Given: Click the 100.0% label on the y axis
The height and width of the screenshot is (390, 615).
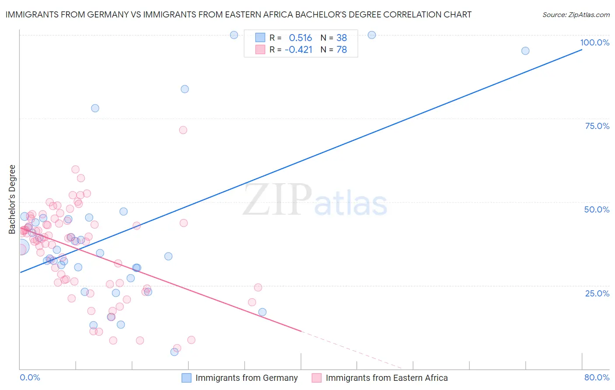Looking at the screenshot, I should [594, 42].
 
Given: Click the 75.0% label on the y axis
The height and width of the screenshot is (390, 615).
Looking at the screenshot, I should [597, 126].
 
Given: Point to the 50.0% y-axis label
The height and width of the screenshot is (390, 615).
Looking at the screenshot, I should [597, 209].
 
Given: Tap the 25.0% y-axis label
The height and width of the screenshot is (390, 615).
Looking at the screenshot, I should [597, 293].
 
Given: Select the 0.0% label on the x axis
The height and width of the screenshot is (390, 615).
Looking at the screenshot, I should [30, 377].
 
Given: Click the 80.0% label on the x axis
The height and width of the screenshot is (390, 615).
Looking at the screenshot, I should [597, 377].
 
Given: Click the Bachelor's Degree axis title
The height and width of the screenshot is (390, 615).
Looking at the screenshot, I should [12, 199].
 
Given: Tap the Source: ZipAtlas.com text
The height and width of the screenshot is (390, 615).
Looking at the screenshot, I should [576, 14].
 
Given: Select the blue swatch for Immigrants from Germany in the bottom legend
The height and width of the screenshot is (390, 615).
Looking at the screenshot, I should [186, 378].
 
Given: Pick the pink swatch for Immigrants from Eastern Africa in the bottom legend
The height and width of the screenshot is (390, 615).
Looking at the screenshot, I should [317, 378].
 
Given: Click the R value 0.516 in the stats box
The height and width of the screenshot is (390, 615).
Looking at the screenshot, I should [301, 38].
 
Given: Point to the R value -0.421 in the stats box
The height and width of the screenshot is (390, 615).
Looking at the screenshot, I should [298, 50].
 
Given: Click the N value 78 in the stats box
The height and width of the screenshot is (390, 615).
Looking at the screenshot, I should [342, 50].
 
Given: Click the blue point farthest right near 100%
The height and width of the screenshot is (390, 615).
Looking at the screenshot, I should [525, 51].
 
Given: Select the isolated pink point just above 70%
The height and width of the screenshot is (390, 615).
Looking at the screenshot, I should [183, 130].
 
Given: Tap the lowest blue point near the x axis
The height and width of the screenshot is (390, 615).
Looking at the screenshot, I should [174, 352].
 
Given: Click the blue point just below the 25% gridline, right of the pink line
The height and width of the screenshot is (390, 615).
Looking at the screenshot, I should [262, 312].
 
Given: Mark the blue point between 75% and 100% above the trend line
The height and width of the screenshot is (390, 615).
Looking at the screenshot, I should [185, 89].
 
